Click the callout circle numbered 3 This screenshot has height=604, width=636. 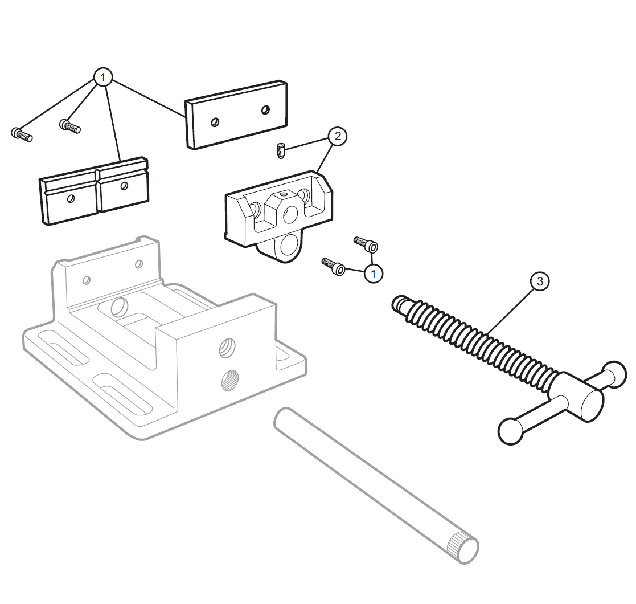point(540,281)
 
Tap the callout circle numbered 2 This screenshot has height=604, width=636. point(338,136)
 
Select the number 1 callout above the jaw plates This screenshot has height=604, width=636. point(102,77)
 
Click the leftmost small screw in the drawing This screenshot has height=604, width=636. point(22,134)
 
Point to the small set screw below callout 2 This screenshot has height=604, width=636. point(281,150)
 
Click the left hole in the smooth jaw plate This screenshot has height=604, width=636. point(215,122)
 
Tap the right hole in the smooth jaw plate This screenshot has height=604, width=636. point(266,109)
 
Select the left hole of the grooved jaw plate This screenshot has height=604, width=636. point(71,198)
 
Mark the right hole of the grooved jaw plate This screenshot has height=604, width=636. point(124,186)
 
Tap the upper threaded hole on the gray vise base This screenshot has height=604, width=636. point(228,348)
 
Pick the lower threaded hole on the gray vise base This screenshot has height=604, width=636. point(229,380)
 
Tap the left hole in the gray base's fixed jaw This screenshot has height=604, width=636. point(86,280)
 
